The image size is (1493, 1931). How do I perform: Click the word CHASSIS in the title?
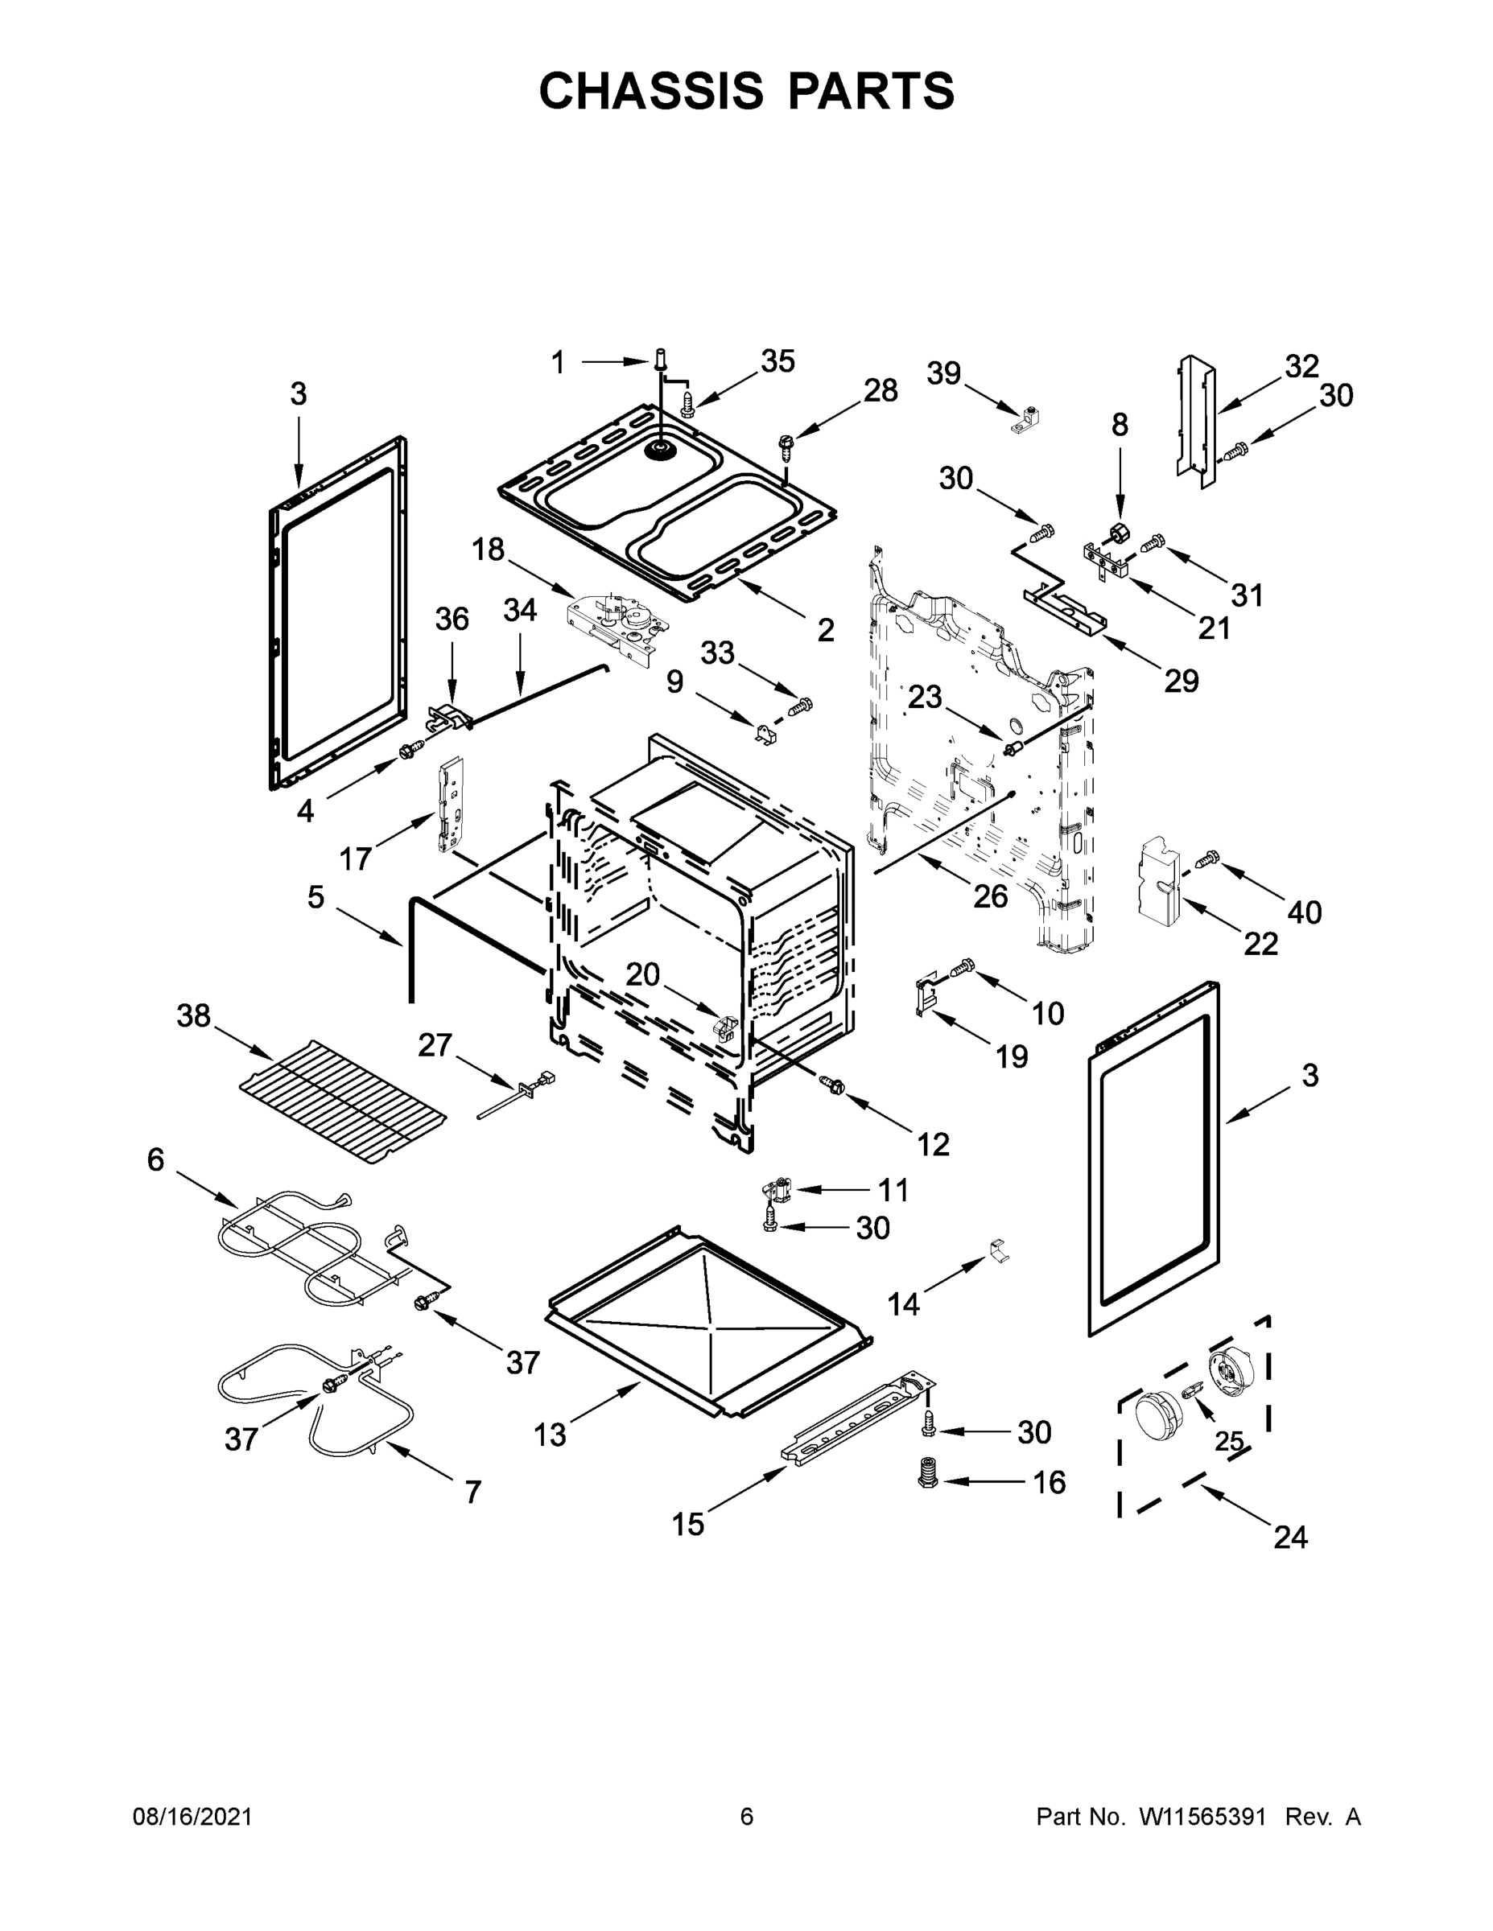pyautogui.click(x=651, y=91)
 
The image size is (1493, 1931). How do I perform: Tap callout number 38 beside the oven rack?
pyautogui.click(x=194, y=1016)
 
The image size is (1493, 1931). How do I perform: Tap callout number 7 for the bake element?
pyautogui.click(x=473, y=1493)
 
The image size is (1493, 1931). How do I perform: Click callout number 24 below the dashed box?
pyautogui.click(x=1290, y=1538)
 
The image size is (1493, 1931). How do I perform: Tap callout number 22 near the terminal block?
pyautogui.click(x=1260, y=945)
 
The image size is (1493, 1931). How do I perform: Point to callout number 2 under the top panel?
pyautogui.click(x=825, y=629)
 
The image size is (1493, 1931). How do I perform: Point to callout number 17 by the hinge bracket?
pyautogui.click(x=356, y=858)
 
